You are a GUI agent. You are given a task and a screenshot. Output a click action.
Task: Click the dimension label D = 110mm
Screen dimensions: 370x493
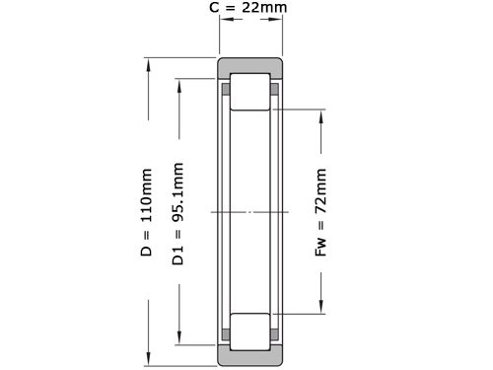146,212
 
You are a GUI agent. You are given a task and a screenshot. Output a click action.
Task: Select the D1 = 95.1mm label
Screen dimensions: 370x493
178,212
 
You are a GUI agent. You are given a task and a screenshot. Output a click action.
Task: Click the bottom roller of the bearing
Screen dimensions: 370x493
252,332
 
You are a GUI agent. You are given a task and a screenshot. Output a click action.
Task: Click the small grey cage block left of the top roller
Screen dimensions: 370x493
226,90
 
